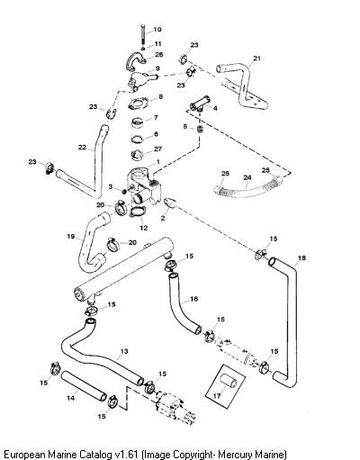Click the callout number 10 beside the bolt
click(x=157, y=30)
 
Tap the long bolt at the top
click(x=143, y=34)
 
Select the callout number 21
click(x=256, y=59)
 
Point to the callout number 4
click(x=215, y=108)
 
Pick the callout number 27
click(x=157, y=149)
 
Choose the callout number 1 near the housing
click(x=158, y=162)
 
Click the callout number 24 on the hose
click(x=247, y=177)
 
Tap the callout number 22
click(x=82, y=148)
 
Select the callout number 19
click(x=70, y=237)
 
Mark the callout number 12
click(x=144, y=228)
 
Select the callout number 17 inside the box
click(x=217, y=396)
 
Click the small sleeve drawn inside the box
click(x=229, y=382)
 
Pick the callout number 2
click(x=163, y=218)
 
